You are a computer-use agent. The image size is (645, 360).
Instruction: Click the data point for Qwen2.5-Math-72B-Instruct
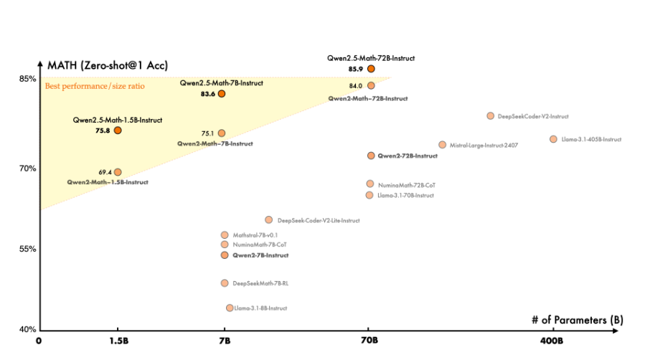371,69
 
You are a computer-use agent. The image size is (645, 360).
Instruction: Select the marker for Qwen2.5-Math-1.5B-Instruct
118,131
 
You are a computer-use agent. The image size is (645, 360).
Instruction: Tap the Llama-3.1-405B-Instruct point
553,139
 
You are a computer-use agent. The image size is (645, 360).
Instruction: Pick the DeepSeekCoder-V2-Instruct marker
490,116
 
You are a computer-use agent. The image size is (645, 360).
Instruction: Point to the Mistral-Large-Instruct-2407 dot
442,145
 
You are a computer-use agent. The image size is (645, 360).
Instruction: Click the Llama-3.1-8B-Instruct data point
230,308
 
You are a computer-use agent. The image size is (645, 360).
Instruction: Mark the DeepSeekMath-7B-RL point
225,283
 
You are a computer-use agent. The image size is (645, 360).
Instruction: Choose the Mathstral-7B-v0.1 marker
225,235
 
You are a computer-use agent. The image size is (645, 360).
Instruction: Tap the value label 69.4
105,172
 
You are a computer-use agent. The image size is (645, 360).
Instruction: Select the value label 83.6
209,94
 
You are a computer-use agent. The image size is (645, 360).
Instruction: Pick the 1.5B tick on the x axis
118,341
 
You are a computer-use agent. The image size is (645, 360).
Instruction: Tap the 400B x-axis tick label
553,341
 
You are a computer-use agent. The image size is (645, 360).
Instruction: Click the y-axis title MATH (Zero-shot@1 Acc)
107,65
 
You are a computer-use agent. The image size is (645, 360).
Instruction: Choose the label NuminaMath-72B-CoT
406,184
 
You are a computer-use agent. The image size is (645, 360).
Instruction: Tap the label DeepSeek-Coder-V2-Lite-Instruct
319,220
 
